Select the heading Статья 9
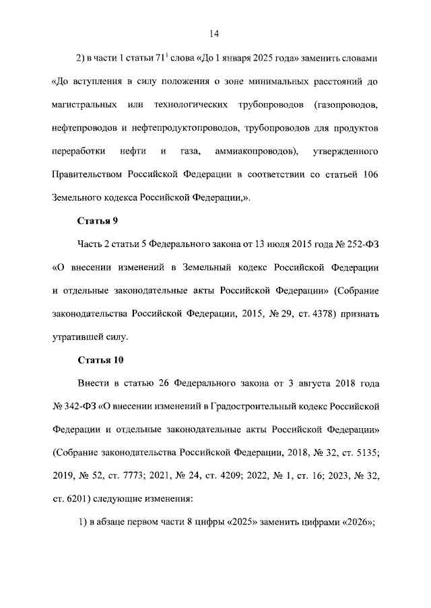(98, 221)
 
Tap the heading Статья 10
(100, 360)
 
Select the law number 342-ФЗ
(73, 406)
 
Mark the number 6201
(78, 498)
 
